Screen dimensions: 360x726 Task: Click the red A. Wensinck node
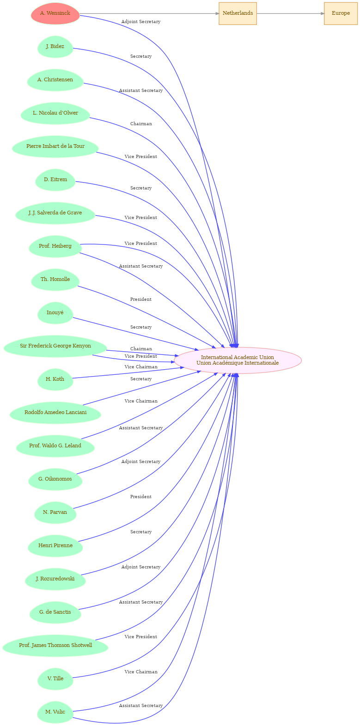(55, 13)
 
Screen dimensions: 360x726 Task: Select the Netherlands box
(238, 13)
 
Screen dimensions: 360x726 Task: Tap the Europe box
(341, 13)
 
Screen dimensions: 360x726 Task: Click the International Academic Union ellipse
(238, 360)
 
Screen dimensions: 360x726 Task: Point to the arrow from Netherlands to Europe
(290, 13)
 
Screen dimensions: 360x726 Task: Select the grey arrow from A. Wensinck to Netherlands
(149, 13)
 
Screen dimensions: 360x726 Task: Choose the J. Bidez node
(55, 47)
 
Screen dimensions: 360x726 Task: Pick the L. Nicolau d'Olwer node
(55, 113)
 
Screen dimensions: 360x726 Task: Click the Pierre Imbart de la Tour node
(55, 146)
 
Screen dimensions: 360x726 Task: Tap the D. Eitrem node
(55, 180)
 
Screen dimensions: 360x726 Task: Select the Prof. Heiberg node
(55, 246)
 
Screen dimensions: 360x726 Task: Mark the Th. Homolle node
(55, 280)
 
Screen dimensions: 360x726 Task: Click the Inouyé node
(55, 313)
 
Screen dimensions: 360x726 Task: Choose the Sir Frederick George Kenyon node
(55, 346)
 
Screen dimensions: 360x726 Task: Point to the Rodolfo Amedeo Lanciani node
(55, 413)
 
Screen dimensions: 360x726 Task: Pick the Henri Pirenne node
(55, 546)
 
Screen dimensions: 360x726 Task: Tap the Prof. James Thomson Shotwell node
(55, 646)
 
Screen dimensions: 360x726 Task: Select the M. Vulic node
(55, 713)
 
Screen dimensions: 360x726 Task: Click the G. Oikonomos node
(55, 479)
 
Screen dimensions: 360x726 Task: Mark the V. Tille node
(55, 679)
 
